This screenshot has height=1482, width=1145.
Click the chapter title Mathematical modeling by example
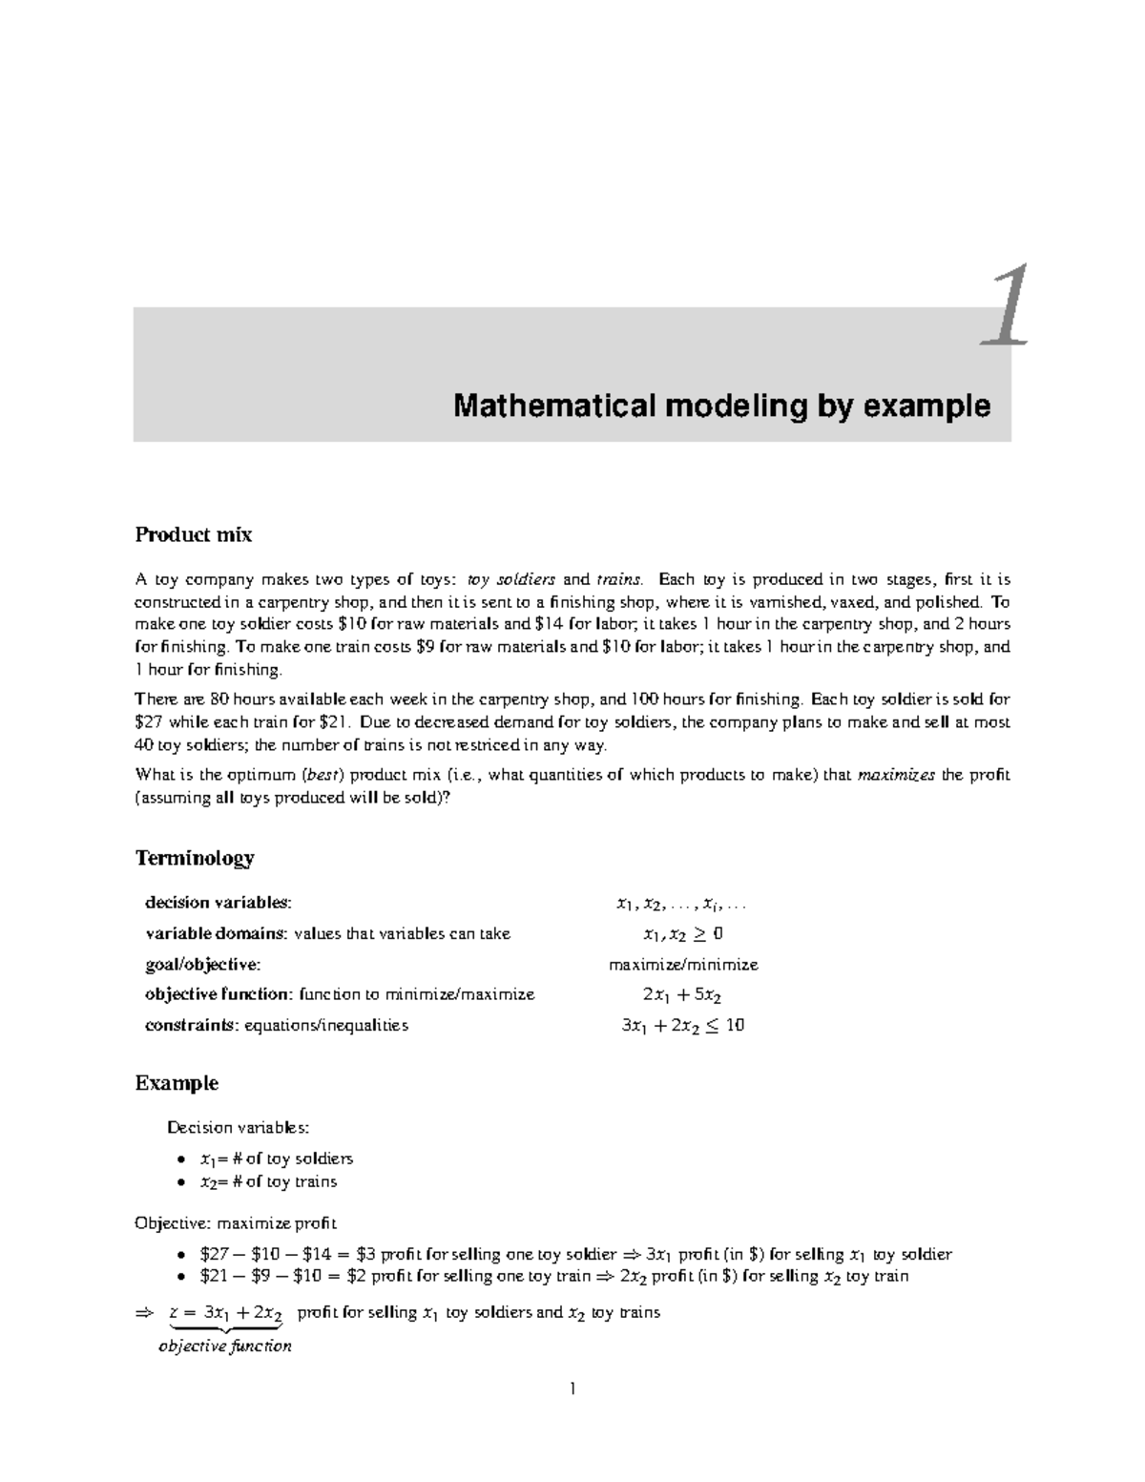(721, 407)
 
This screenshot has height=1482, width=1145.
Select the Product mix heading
(194, 534)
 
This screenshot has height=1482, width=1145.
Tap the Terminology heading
(195, 858)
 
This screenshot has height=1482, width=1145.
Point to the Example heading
(177, 1083)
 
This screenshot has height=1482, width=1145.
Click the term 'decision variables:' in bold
(219, 903)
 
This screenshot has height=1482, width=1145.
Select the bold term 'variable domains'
(216, 933)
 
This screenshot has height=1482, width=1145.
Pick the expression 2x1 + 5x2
(682, 995)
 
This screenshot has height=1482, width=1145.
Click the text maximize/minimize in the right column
(683, 965)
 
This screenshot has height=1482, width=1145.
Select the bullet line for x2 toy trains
(268, 1182)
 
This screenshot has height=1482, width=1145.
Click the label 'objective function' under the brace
(225, 1346)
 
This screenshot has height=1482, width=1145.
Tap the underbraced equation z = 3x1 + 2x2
(225, 1313)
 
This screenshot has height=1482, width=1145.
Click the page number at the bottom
(572, 1389)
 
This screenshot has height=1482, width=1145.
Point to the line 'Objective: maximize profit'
(236, 1223)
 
